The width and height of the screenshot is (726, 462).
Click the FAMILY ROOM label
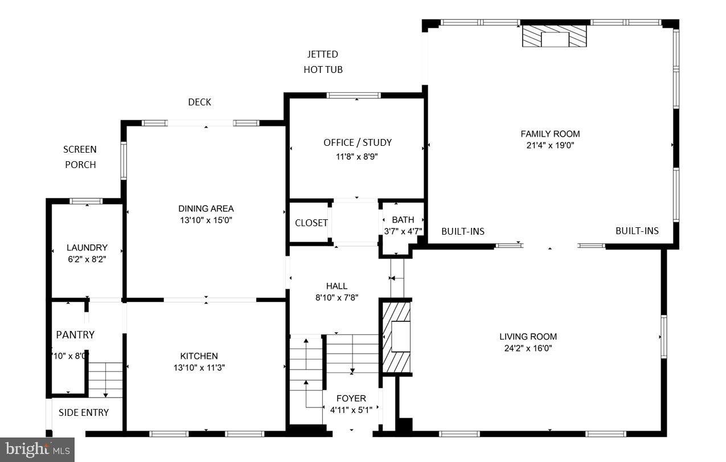[x=550, y=134]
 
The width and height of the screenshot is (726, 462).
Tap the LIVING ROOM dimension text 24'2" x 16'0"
[x=528, y=348]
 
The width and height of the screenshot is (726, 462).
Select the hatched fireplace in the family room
[x=555, y=37]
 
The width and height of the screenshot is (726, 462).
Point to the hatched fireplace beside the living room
[x=396, y=337]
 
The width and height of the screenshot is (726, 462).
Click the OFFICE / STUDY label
[x=358, y=142]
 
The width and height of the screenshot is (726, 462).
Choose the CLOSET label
[x=311, y=223]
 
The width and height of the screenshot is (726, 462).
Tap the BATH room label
[x=403, y=219]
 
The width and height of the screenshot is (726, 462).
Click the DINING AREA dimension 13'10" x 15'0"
[x=206, y=220]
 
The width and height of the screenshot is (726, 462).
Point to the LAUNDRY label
[x=87, y=248]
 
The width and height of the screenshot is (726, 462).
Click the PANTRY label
[x=75, y=334]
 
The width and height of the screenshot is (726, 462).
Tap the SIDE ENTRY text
[x=84, y=412]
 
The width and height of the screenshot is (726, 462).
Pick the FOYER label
[x=351, y=398]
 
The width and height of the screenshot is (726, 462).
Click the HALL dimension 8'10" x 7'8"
[x=337, y=297]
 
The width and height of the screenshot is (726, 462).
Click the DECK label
[x=199, y=102]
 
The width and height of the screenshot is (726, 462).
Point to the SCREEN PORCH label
[x=80, y=157]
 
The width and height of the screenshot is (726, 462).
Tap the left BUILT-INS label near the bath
[x=463, y=231]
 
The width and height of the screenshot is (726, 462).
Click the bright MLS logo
[x=37, y=449]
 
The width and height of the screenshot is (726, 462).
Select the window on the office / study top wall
[x=354, y=95]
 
